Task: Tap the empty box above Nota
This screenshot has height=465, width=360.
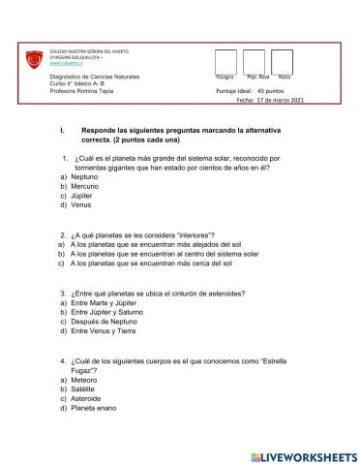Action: coord(282,61)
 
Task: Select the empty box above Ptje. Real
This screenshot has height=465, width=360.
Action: coord(254,61)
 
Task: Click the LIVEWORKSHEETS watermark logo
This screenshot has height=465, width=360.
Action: coord(303,453)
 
